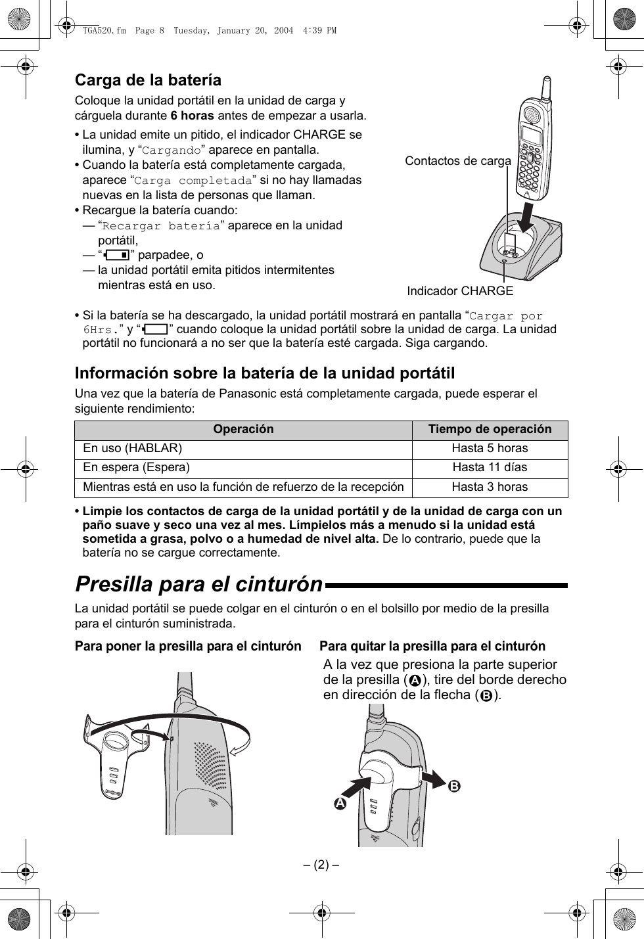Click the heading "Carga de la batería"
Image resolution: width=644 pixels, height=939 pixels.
(x=148, y=80)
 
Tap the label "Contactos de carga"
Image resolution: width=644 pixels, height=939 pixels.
(x=457, y=161)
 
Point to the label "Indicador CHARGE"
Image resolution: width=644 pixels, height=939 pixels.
(x=460, y=290)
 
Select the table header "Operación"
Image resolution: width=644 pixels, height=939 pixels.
(x=243, y=429)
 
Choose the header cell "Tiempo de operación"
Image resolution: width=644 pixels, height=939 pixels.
(x=490, y=429)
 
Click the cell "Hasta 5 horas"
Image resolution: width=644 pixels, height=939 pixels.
(x=490, y=448)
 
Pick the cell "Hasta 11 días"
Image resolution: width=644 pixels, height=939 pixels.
(x=490, y=467)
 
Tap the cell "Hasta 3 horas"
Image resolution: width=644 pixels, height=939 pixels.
(x=490, y=487)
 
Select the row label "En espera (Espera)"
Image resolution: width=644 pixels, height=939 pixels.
(x=136, y=467)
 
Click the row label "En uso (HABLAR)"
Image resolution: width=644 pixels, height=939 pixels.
(x=133, y=448)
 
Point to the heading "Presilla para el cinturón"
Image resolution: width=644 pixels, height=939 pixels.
(x=199, y=584)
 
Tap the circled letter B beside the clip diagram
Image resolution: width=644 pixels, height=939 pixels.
(x=455, y=786)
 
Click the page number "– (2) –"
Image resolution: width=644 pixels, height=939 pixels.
(x=321, y=863)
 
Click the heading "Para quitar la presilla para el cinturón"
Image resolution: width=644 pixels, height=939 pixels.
(x=432, y=646)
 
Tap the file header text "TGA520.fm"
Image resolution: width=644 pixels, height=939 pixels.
(x=104, y=30)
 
